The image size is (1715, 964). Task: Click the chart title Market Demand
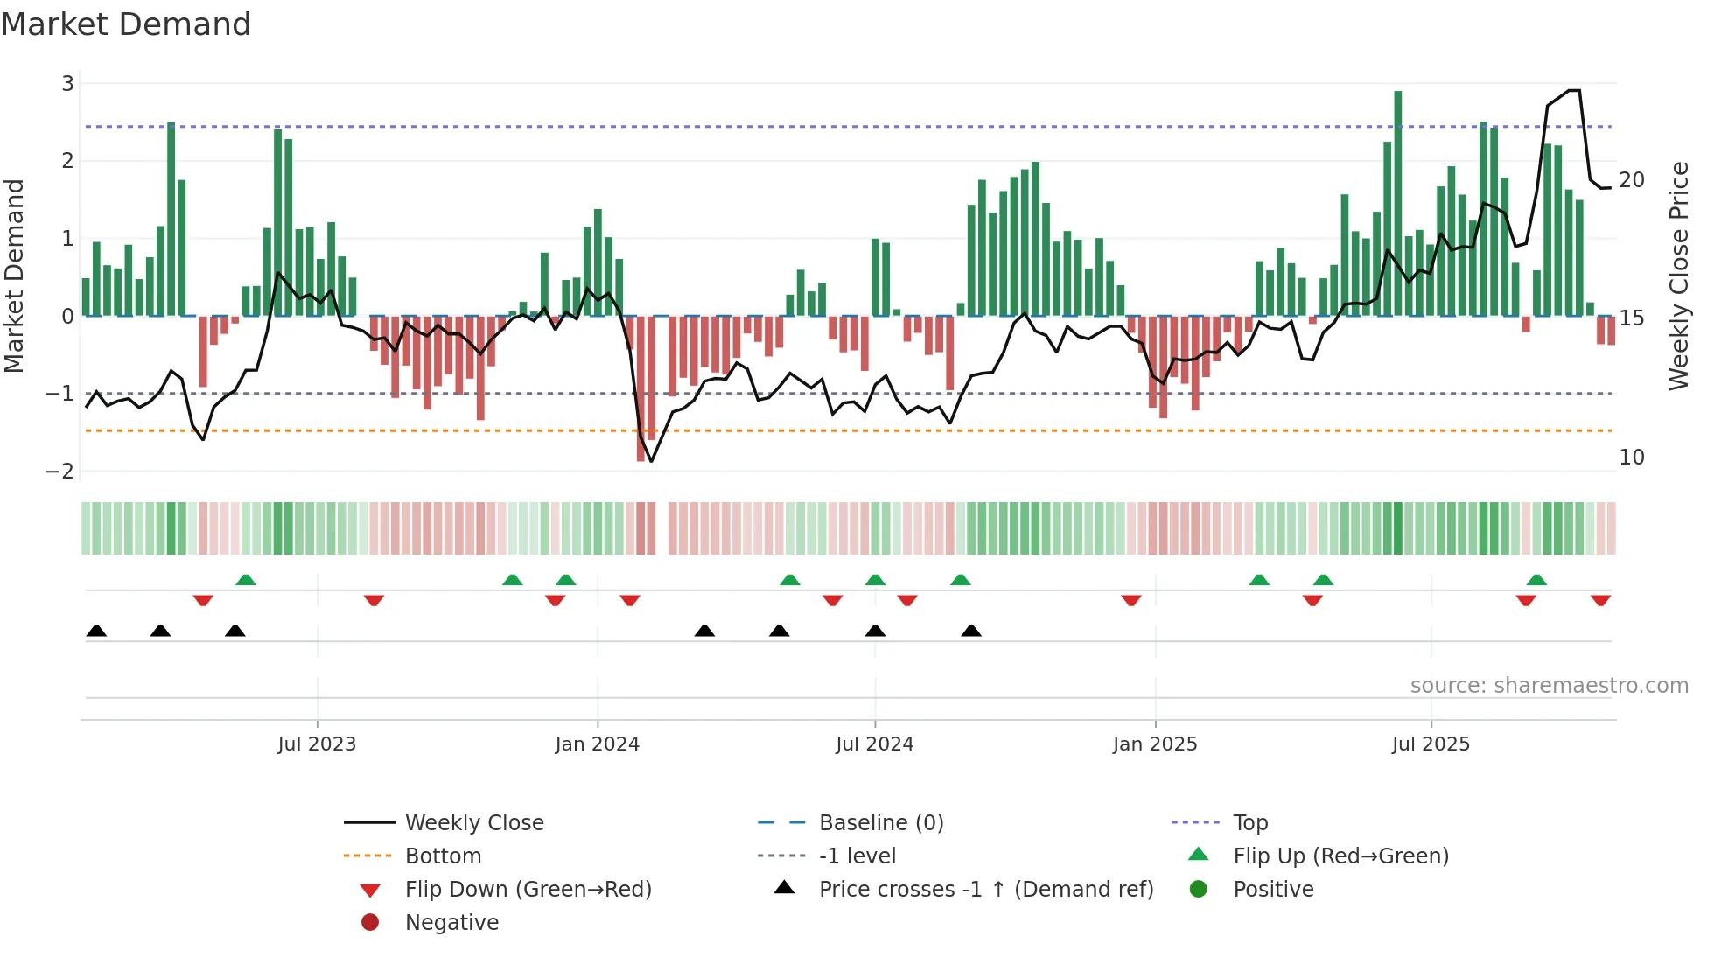point(126,24)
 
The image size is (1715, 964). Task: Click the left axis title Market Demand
point(15,276)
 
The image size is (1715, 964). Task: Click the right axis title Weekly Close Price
point(1678,276)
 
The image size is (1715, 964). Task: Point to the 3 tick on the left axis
point(67,84)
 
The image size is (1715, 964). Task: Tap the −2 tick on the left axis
point(60,472)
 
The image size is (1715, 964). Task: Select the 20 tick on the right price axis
point(1632,180)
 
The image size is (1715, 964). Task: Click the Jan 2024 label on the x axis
point(597,744)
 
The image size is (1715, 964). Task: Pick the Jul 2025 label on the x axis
point(1431,744)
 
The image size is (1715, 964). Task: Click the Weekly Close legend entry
point(473,823)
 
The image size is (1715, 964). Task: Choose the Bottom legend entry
point(443,856)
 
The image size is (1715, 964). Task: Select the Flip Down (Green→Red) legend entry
point(528,890)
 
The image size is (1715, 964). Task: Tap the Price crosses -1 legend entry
point(985,890)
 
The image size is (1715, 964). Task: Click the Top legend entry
point(1249,823)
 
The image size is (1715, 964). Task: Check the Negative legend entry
point(451,923)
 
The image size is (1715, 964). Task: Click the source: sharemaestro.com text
point(1549,686)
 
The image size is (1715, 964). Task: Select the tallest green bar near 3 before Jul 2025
point(1398,201)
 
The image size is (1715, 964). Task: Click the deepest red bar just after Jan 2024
point(640,389)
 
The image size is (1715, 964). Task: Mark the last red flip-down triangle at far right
point(1600,601)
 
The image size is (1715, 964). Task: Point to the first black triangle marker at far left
point(96,631)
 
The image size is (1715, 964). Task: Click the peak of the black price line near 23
point(1573,91)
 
